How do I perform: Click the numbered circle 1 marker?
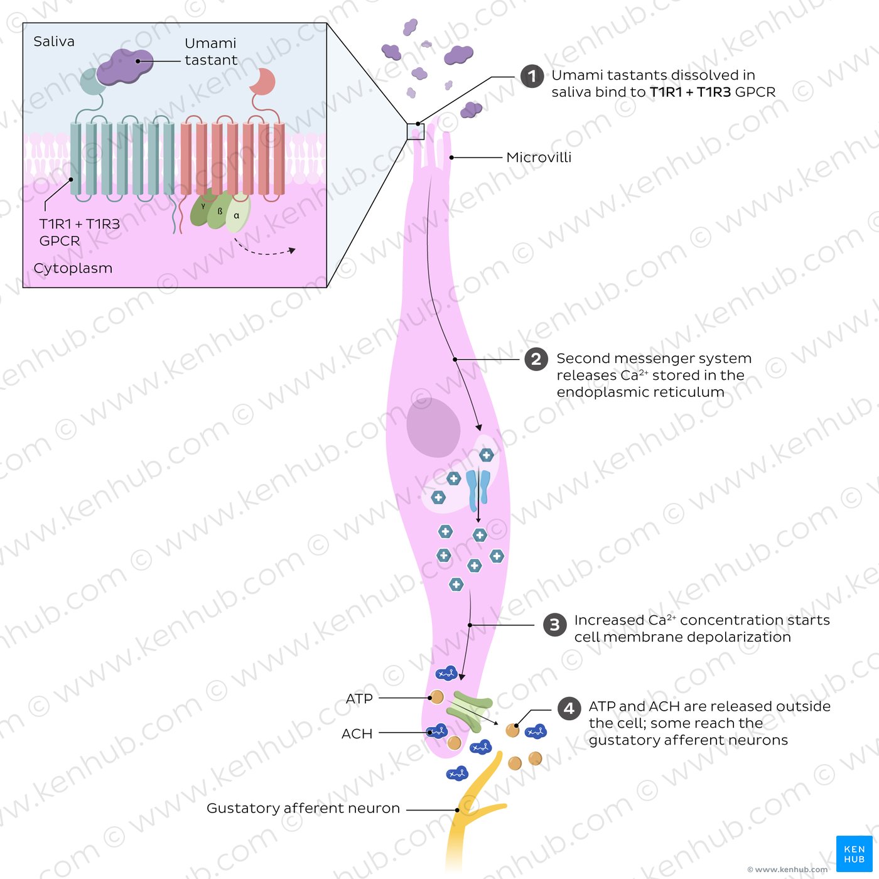(x=532, y=76)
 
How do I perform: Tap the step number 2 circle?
(x=536, y=359)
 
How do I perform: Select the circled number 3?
(x=554, y=625)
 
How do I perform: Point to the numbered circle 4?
(x=569, y=708)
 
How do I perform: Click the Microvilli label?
(x=539, y=158)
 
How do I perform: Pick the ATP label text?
(x=359, y=698)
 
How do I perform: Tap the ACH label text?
(x=357, y=733)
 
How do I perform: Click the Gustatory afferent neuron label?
(x=303, y=808)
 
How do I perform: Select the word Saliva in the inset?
(x=54, y=41)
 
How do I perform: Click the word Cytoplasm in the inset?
(x=73, y=268)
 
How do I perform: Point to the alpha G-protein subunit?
(x=238, y=213)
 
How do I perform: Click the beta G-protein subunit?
(x=220, y=211)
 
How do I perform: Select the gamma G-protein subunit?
(x=202, y=208)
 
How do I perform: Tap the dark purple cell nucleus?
(x=433, y=427)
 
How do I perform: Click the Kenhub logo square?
(x=855, y=853)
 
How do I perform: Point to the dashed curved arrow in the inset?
(x=264, y=249)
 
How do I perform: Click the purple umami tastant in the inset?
(x=124, y=67)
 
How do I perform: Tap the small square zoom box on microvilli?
(x=416, y=131)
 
